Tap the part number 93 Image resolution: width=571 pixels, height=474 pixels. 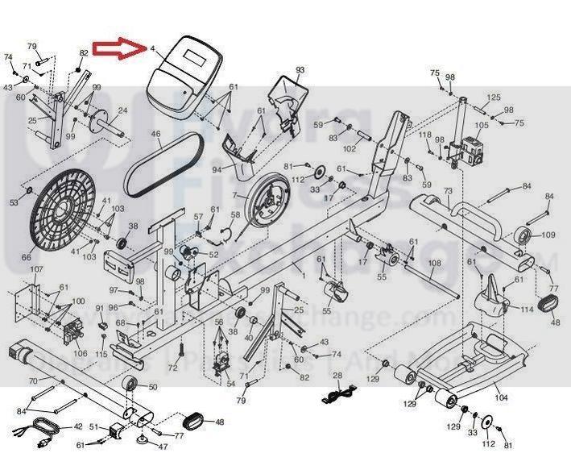[300, 71]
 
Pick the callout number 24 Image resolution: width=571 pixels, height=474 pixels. [122, 110]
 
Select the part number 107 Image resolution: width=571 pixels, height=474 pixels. [36, 268]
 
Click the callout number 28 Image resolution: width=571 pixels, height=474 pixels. [337, 376]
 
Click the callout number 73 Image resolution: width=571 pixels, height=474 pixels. [448, 191]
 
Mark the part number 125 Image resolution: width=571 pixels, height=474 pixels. [494, 98]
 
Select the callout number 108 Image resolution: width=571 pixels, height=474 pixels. [434, 264]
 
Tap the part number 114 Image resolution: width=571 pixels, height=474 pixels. [527, 310]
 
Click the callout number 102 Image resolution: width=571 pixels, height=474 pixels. [350, 148]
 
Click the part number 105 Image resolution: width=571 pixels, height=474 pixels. [481, 125]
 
